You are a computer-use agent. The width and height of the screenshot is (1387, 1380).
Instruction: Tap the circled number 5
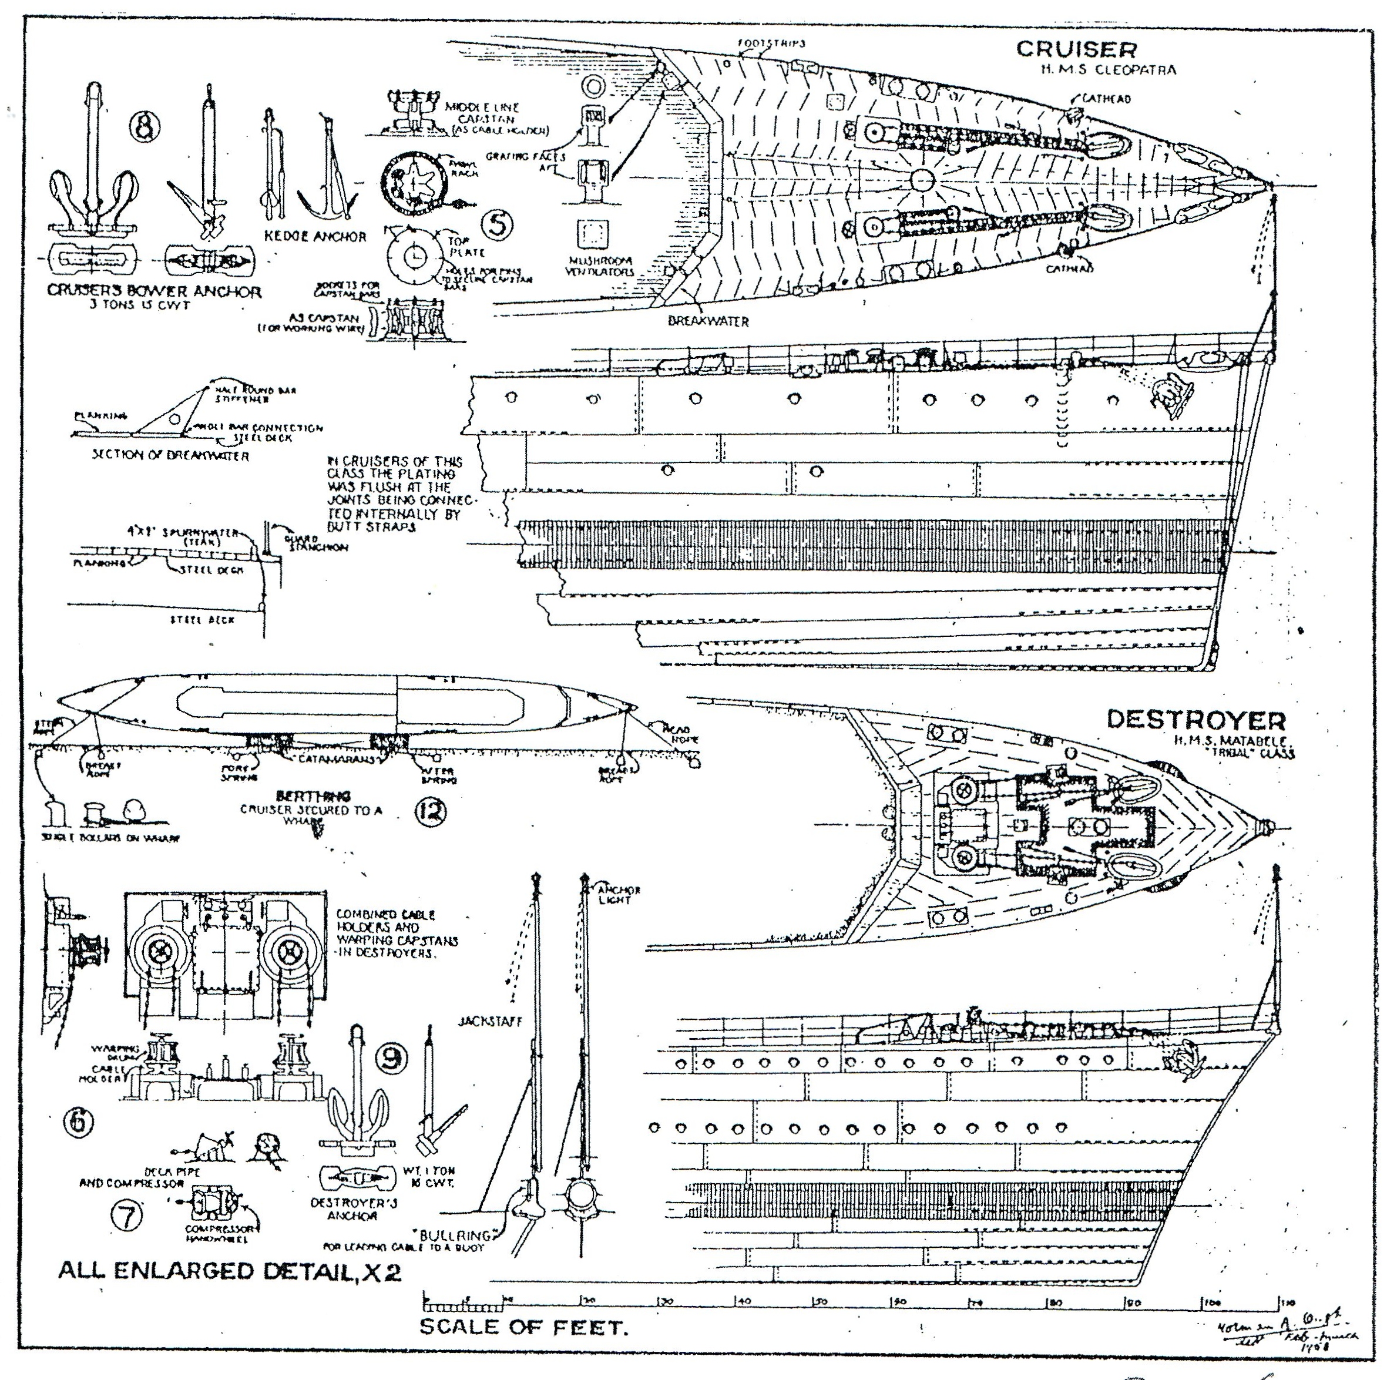497,225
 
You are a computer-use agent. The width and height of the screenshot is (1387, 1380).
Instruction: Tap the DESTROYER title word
1196,720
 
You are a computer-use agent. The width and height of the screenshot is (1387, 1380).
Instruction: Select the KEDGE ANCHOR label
316,236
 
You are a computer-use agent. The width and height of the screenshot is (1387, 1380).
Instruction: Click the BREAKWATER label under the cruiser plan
708,321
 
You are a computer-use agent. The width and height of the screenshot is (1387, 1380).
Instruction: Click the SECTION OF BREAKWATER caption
170,455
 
